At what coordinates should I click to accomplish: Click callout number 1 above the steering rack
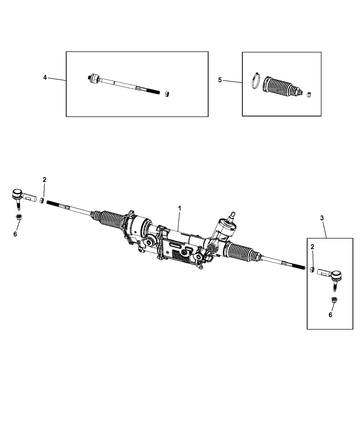(179, 208)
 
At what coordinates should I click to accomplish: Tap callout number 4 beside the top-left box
(45, 77)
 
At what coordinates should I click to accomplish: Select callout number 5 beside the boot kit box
(220, 80)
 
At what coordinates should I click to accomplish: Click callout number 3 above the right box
(322, 218)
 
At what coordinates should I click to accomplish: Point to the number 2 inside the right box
(312, 247)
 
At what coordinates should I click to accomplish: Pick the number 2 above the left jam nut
(44, 180)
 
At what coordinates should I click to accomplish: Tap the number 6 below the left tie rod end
(15, 234)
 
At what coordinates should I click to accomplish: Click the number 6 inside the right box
(330, 320)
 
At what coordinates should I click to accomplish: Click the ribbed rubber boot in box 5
(282, 87)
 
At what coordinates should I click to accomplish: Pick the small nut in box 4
(167, 94)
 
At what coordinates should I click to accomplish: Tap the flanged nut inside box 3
(334, 300)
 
